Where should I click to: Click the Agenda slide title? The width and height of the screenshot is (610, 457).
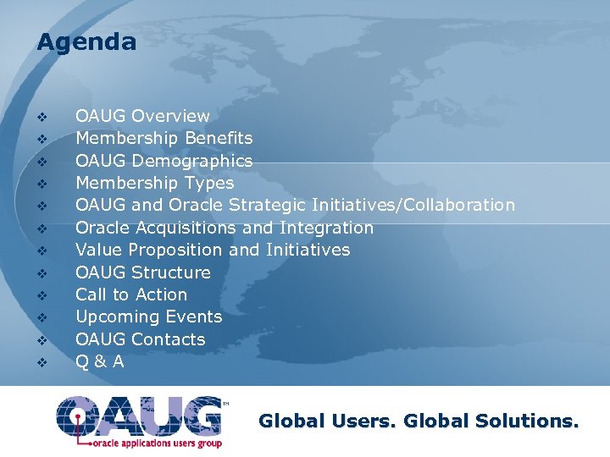pos(86,42)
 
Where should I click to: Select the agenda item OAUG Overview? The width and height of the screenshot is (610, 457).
pos(142,116)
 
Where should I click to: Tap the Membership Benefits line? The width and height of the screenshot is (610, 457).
pos(164,138)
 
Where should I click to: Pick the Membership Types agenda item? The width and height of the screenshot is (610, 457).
pos(154,183)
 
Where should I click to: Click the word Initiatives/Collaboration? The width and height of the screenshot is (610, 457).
pos(413,205)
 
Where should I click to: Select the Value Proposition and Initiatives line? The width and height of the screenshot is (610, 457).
pos(212,250)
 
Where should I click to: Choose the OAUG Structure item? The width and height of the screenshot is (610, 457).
pos(142,273)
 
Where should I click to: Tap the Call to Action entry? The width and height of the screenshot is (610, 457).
pos(131,295)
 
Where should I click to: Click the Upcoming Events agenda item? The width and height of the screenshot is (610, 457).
pos(148,317)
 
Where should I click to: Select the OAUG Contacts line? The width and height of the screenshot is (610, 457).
pos(140,339)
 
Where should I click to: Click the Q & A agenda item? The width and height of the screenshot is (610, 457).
pos(100,361)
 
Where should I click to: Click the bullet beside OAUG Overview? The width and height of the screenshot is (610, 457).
pos(41,117)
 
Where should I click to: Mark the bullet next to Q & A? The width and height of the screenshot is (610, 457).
pos(41,362)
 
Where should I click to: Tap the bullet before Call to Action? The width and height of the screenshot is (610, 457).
pos(41,295)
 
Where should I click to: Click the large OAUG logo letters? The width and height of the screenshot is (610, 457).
pos(140,414)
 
